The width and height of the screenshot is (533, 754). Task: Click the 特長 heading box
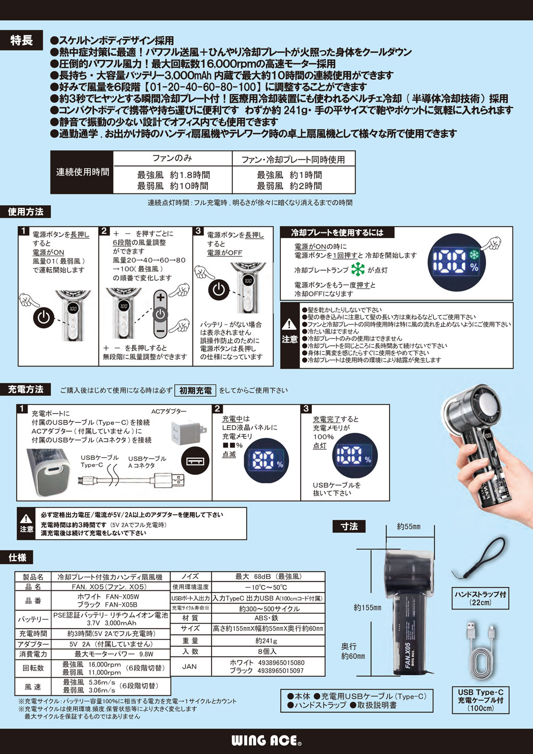tap(21, 40)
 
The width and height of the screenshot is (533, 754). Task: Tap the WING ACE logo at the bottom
tap(266, 740)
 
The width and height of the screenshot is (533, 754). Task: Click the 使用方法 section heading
tap(25, 212)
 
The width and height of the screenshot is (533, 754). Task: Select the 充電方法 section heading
tap(25, 390)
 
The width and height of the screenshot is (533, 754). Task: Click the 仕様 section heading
tap(17, 557)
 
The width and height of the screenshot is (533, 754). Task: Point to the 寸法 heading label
tap(349, 526)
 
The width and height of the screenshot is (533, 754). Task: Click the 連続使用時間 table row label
tap(83, 172)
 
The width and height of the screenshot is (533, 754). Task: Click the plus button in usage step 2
tap(160, 297)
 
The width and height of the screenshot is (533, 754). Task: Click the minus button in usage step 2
tap(160, 331)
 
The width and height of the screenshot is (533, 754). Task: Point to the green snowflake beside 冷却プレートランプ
tap(358, 270)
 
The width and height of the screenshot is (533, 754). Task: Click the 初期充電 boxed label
tap(196, 391)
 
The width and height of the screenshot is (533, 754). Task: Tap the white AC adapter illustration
tap(184, 431)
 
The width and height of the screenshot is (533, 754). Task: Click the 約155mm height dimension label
tap(368, 607)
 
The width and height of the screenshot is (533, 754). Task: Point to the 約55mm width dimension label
tap(409, 527)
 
